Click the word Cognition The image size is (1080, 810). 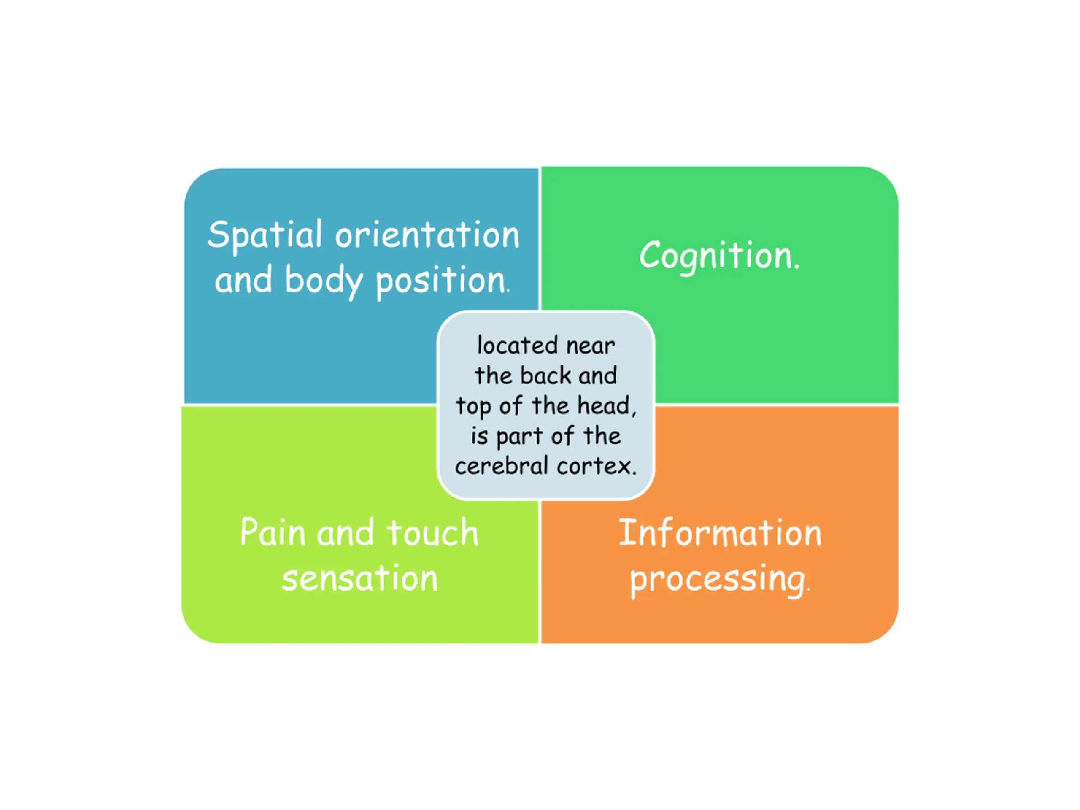coord(720,256)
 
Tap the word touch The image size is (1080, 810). coord(432,532)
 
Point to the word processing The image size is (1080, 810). coord(720,580)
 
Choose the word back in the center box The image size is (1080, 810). coord(545,375)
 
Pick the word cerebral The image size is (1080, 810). coord(502,466)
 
